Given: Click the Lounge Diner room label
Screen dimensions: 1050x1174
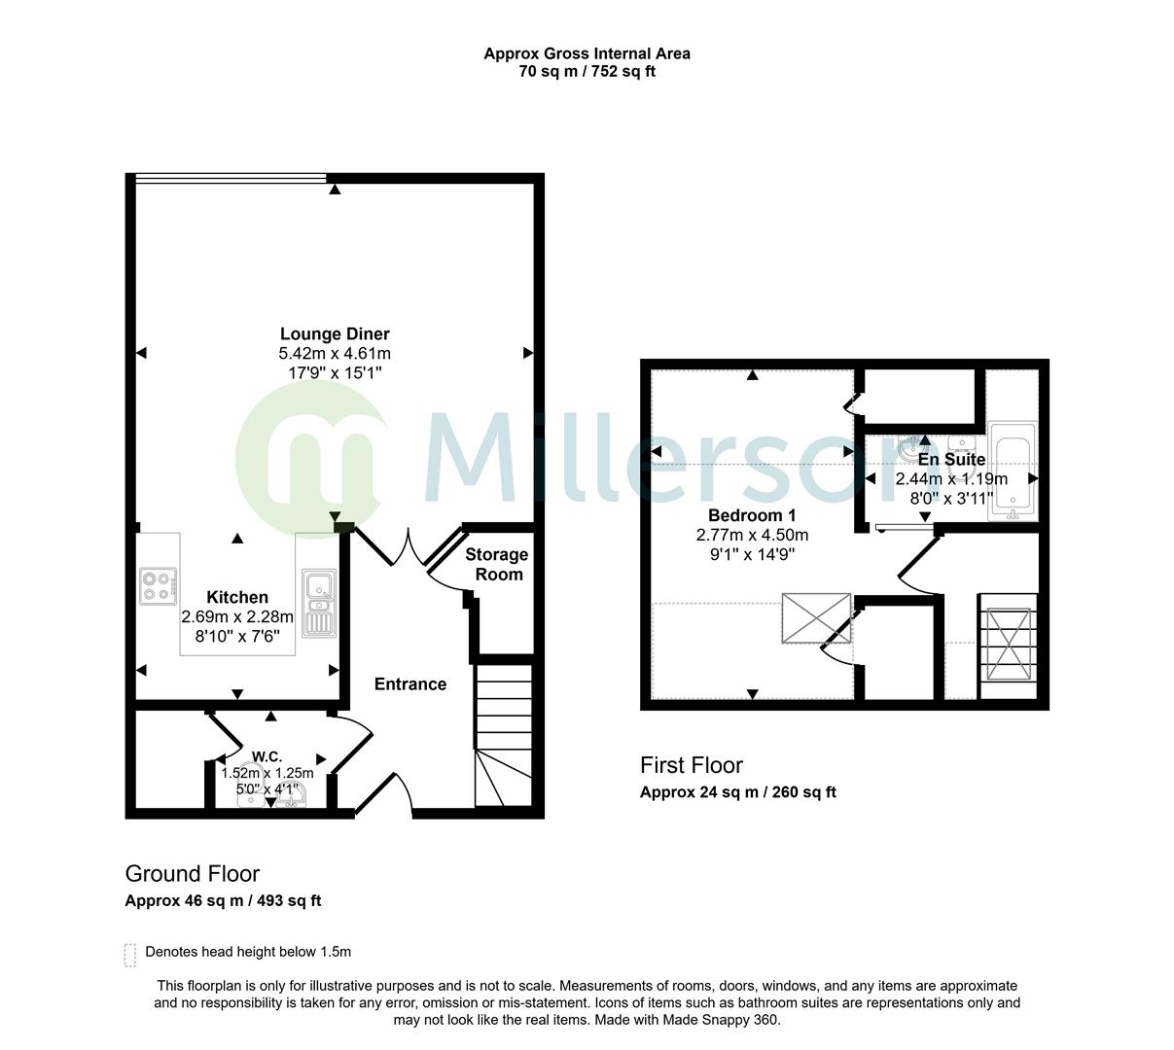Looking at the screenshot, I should click(x=335, y=334).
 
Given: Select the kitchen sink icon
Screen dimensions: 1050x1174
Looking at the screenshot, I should click(x=318, y=603).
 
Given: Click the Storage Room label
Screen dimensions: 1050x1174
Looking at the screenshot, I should click(x=496, y=564).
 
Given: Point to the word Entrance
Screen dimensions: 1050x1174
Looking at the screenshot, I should click(x=410, y=684).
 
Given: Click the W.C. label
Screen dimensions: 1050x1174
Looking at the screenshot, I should click(x=267, y=756).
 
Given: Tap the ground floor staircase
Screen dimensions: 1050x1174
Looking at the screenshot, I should click(x=503, y=735).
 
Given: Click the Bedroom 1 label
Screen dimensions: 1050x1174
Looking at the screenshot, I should click(x=752, y=515).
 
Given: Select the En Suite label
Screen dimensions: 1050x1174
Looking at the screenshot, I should click(x=951, y=459).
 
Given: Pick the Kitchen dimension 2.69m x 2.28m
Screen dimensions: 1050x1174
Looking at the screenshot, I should click(x=237, y=616).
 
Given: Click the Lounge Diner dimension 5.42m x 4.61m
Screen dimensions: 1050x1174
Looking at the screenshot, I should click(x=335, y=354).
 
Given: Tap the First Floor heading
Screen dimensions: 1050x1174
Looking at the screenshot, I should click(x=691, y=765).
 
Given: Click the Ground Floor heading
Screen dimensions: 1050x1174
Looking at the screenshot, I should click(x=193, y=873).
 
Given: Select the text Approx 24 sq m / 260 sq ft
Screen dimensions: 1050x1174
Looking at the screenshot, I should click(x=737, y=791).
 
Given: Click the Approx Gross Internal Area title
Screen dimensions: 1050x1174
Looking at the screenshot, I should click(x=587, y=54).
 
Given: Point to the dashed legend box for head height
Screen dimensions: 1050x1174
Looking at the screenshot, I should click(x=130, y=954).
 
